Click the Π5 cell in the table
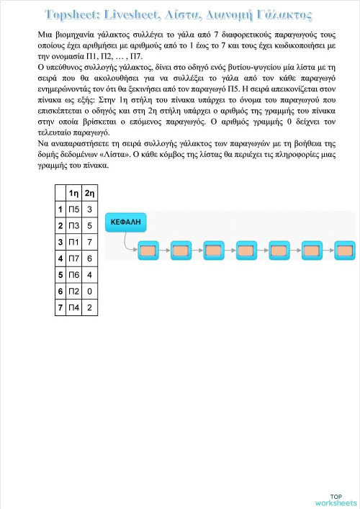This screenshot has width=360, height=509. coord(73,210)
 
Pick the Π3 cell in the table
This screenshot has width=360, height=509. coord(73,226)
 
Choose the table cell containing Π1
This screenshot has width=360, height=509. coord(73,243)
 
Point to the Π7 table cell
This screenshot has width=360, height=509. coord(73,258)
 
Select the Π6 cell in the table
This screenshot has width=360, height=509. coord(73,275)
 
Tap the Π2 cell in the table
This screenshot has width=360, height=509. coord(73,292)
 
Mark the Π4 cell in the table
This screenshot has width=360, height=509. coord(73,308)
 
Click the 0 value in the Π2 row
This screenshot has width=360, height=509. coord(89,292)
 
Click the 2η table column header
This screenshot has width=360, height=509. coord(89,193)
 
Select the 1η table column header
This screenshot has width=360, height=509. coord(73,193)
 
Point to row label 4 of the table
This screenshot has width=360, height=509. coord(60,258)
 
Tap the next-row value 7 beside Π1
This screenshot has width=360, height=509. coord(89,243)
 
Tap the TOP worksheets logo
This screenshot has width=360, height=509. coord(336,500)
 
